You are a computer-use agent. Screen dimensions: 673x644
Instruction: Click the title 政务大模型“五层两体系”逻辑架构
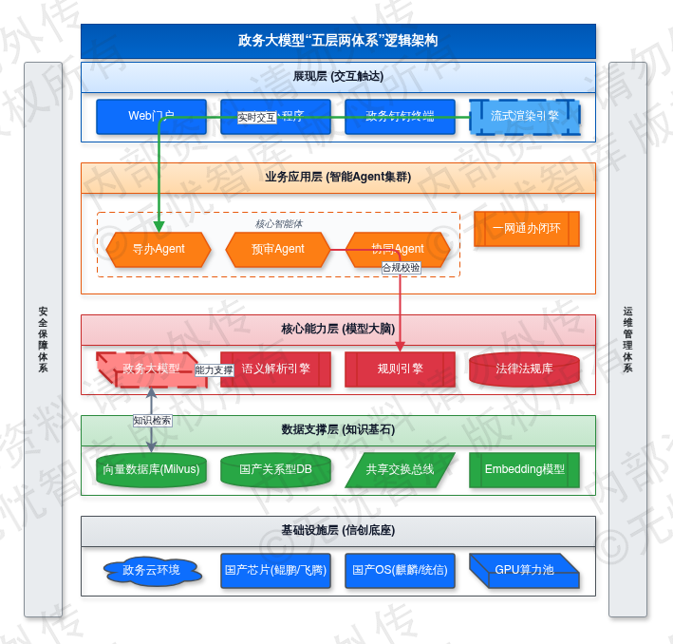pyautogui.click(x=338, y=41)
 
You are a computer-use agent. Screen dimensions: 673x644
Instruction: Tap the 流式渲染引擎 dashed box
pyautogui.click(x=525, y=117)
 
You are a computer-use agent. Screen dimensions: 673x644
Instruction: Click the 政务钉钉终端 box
pyautogui.click(x=400, y=117)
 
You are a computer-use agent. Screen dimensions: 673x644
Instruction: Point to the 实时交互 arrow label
pyautogui.click(x=256, y=118)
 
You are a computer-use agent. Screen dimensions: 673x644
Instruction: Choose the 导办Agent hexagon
pyautogui.click(x=159, y=249)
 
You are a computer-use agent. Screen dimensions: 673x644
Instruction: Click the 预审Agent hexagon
pyautogui.click(x=278, y=249)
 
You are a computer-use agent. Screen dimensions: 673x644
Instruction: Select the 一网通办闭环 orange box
pyautogui.click(x=526, y=229)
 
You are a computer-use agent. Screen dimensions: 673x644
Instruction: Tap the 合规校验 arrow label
pyautogui.click(x=401, y=268)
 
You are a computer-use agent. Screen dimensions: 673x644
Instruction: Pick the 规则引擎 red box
pyautogui.click(x=400, y=369)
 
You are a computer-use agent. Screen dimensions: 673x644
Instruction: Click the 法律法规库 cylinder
pyautogui.click(x=524, y=369)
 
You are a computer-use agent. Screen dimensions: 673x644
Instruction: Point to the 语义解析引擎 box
pyautogui.click(x=275, y=369)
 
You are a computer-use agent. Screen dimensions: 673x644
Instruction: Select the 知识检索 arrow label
pyautogui.click(x=152, y=419)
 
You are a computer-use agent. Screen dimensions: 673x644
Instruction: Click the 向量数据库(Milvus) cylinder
pyautogui.click(x=151, y=469)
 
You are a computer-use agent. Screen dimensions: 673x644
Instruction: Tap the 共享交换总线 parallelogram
pyautogui.click(x=400, y=469)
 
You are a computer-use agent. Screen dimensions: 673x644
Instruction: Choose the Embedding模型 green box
pyautogui.click(x=524, y=469)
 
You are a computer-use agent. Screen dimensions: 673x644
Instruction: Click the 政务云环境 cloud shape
pyautogui.click(x=151, y=571)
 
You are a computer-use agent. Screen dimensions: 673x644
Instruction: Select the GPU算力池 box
pyautogui.click(x=524, y=571)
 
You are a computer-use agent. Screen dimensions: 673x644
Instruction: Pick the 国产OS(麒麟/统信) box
pyautogui.click(x=400, y=571)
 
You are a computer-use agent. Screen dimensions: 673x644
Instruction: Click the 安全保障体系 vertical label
pyautogui.click(x=43, y=339)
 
